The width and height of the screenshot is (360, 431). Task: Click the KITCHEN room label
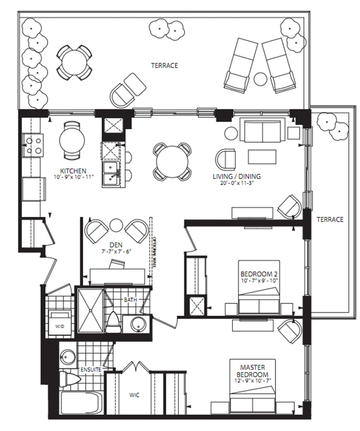[73, 171]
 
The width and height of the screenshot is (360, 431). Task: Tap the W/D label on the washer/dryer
[59, 327]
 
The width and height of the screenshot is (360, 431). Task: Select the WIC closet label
[134, 395]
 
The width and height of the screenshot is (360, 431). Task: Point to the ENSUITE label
[91, 369]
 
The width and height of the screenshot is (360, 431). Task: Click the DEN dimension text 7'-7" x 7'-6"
[116, 251]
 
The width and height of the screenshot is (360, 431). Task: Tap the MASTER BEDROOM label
[253, 371]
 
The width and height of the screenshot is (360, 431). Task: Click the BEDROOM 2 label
[259, 274]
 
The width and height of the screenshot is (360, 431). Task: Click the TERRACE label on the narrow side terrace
[330, 219]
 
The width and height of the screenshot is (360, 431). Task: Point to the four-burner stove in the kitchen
[33, 145]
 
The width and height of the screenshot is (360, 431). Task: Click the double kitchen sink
[111, 174]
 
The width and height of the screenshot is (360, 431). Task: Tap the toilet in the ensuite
[70, 379]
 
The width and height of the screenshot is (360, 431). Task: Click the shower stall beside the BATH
[91, 310]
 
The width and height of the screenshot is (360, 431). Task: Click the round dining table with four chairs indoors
[172, 162]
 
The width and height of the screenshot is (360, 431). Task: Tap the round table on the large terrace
[74, 62]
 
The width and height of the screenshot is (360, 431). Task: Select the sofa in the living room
[262, 130]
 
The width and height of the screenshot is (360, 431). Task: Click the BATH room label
[130, 300]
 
